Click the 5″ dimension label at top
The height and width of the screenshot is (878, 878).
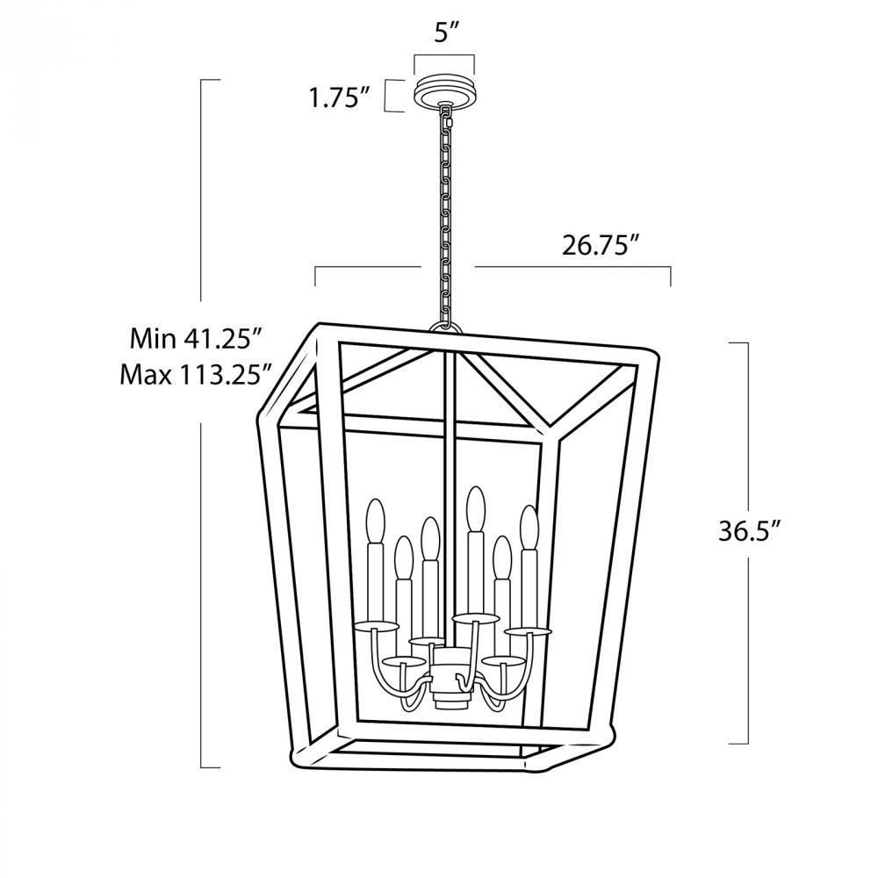(447, 33)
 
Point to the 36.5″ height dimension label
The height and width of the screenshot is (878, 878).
(749, 531)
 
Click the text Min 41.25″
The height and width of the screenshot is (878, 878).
(196, 338)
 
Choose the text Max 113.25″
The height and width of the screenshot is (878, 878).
(196, 375)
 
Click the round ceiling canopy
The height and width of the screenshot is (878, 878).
(444, 92)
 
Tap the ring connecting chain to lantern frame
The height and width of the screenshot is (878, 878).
(446, 327)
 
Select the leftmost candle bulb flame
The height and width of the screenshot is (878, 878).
(375, 520)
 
